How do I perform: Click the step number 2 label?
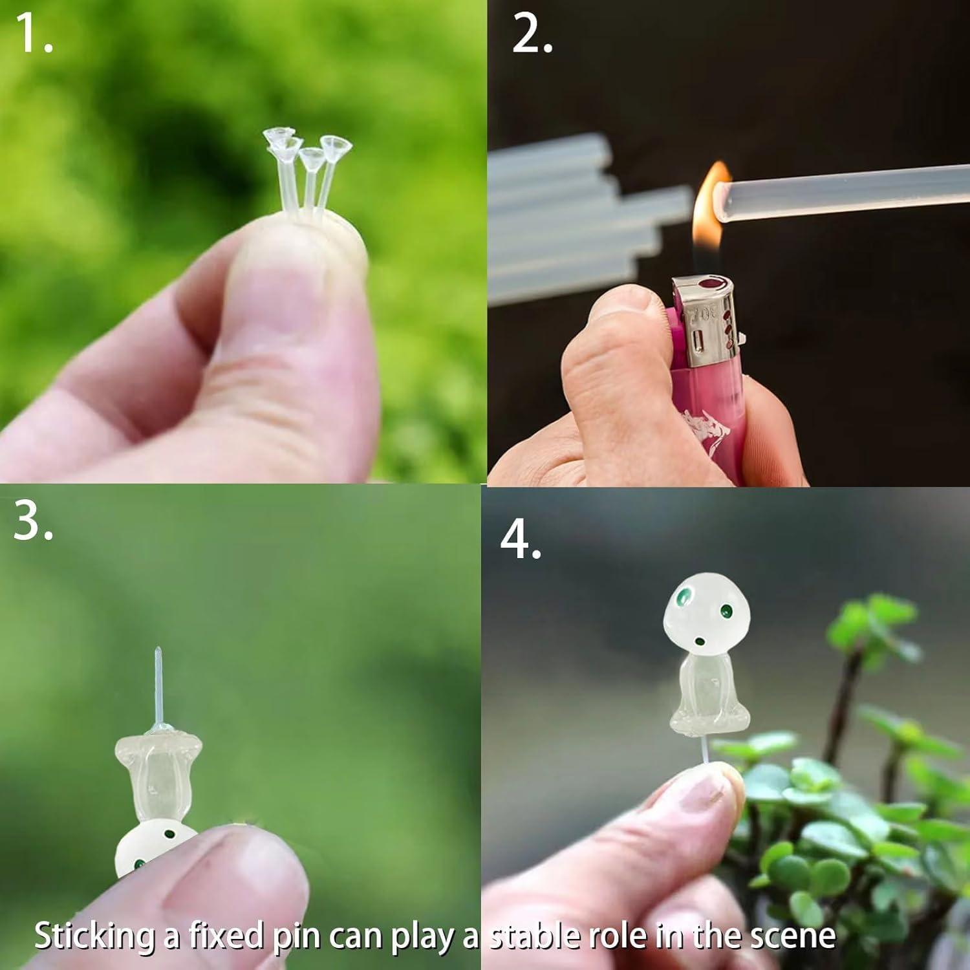[x=532, y=34]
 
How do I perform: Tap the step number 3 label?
[x=32, y=521]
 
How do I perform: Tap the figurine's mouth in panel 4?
[x=700, y=642]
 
